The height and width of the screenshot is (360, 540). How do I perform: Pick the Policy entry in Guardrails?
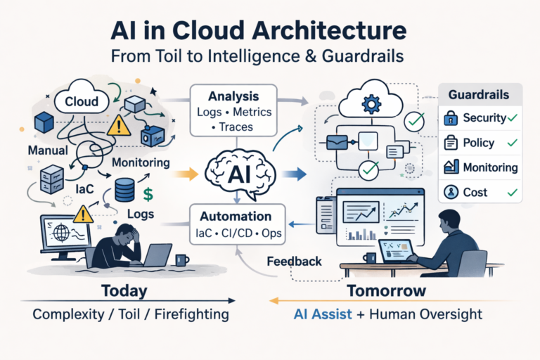tap(479, 143)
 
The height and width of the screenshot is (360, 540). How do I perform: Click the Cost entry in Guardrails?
tap(475, 191)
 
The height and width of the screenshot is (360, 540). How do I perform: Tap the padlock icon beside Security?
tap(451, 118)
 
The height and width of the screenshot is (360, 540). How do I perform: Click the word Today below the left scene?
tap(124, 290)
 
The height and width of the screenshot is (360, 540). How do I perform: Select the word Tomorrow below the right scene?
tap(386, 290)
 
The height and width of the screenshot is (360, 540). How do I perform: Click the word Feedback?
tap(295, 262)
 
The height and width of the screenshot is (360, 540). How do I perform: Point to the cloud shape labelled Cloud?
tap(82, 101)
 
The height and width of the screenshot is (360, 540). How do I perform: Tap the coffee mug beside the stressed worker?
tap(182, 260)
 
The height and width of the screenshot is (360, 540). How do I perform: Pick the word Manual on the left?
tap(48, 151)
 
